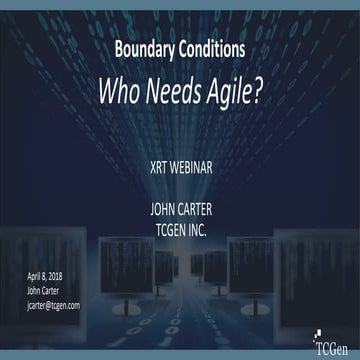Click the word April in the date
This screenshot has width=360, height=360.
(36, 275)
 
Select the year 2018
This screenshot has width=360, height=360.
(65, 275)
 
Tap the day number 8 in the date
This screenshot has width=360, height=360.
(51, 275)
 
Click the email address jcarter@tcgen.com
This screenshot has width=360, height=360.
(54, 304)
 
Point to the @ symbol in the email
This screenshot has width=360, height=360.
(55, 304)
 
